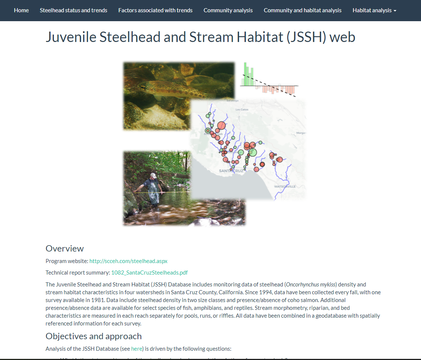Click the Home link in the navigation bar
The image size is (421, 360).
pos(21,10)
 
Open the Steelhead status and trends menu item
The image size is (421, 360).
pos(74,10)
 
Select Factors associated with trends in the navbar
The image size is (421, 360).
pos(155,10)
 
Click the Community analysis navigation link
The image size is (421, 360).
pos(228,10)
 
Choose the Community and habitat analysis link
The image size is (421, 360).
pos(302,10)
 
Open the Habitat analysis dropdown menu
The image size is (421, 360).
pos(374,10)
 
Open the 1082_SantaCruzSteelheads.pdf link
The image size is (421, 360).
pos(149,272)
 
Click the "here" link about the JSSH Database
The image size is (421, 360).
pos(136,348)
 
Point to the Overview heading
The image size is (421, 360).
pos(65,249)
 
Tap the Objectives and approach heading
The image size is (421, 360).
pos(94,336)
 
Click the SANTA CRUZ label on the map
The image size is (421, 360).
pos(231,171)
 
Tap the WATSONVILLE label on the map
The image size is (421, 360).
pos(285,186)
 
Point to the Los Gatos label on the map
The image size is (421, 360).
pos(242,110)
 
